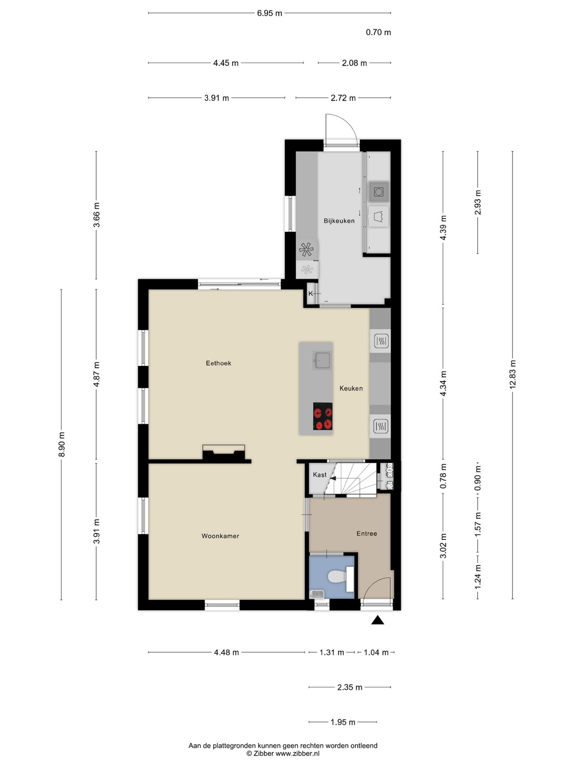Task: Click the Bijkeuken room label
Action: (x=339, y=221)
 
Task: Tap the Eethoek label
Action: (x=218, y=363)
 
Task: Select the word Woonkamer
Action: (x=220, y=536)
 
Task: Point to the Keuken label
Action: (x=351, y=388)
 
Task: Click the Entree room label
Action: (x=367, y=534)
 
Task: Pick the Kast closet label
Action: (x=319, y=474)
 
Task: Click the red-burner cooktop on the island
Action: (x=323, y=417)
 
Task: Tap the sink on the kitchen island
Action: (x=321, y=360)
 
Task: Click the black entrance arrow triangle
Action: (x=377, y=620)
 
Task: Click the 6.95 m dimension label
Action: (x=269, y=13)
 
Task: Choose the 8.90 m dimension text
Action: (x=62, y=444)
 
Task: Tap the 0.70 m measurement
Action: (x=378, y=32)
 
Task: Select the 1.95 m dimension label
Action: (x=343, y=722)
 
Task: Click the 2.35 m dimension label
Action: (x=350, y=687)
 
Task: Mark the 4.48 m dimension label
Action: (x=226, y=653)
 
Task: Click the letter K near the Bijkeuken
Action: (x=310, y=294)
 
